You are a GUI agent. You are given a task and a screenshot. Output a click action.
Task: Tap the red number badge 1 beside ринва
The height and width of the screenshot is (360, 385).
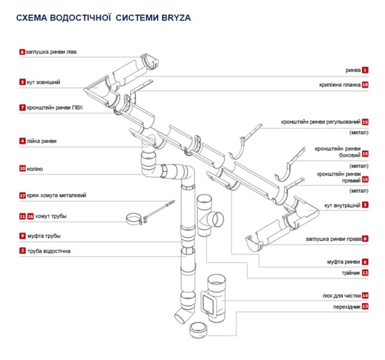[x=365, y=69]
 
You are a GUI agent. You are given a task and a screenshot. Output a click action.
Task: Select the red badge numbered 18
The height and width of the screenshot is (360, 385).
[x=365, y=84]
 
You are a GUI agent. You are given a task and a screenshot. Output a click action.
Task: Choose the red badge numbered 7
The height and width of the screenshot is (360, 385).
[x=23, y=108]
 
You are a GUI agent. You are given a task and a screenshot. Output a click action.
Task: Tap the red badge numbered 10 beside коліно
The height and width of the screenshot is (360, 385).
[x=23, y=168]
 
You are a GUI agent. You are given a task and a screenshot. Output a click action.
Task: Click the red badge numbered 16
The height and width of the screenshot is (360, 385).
[x=30, y=217]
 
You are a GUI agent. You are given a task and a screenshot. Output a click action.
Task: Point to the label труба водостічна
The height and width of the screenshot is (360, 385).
[x=48, y=251]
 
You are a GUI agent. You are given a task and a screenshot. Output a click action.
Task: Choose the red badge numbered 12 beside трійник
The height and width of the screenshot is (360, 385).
[x=365, y=273]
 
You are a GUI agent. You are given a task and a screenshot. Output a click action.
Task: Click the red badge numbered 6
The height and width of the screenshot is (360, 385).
[x=365, y=261]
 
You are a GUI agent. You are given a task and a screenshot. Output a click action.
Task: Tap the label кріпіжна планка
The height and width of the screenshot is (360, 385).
[x=340, y=84]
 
